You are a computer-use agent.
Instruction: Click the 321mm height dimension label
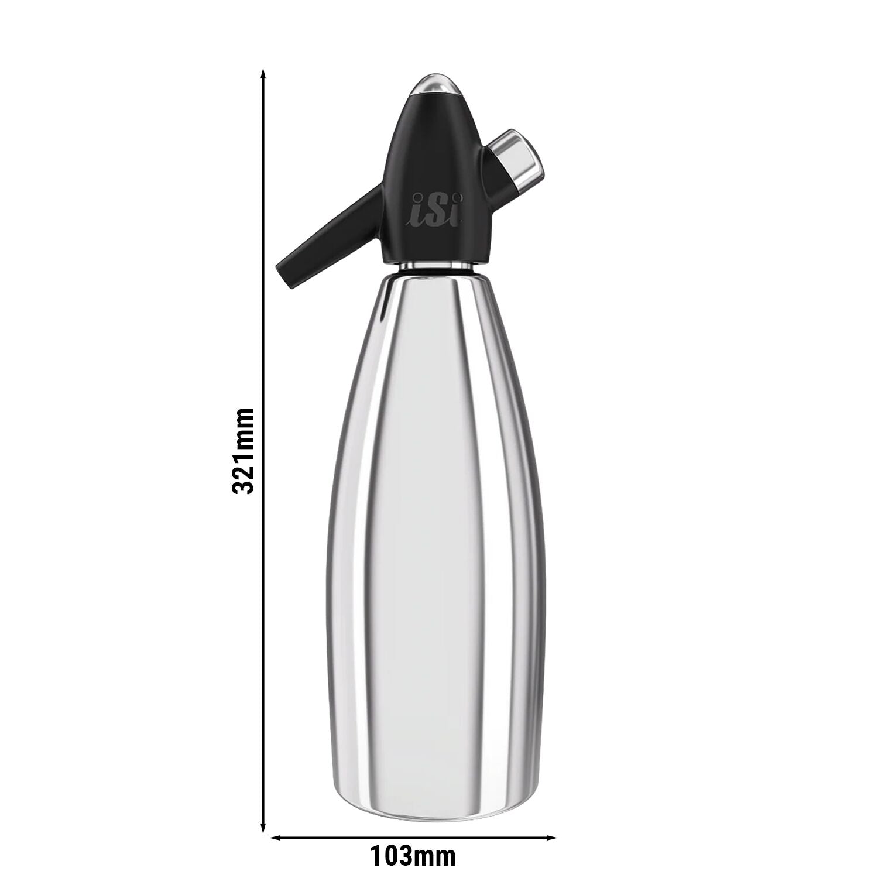243,451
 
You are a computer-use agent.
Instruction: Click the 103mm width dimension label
413,858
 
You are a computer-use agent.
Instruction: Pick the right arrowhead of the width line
550,837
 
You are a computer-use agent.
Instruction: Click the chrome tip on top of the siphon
434,85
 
